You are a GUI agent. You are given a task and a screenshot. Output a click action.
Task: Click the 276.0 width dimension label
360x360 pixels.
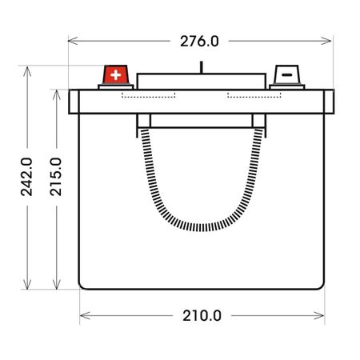point(199,42)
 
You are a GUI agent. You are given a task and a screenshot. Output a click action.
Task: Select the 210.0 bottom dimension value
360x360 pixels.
point(202,316)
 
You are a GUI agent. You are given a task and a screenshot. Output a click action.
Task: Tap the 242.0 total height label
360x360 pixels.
point(26,177)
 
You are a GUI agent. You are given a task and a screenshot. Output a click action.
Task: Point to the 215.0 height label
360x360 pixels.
point(56,177)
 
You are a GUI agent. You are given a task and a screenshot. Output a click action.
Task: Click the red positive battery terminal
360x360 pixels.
point(116,74)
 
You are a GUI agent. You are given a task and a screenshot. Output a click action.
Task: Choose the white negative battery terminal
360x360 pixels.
point(287,74)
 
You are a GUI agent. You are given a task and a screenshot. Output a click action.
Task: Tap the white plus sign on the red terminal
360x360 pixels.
point(116,75)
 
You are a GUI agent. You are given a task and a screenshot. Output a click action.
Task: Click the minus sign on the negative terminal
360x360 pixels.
point(287,75)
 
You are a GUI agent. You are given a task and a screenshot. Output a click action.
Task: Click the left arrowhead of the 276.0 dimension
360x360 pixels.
point(73,41)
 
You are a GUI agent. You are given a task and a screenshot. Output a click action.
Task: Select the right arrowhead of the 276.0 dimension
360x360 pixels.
point(326,41)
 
